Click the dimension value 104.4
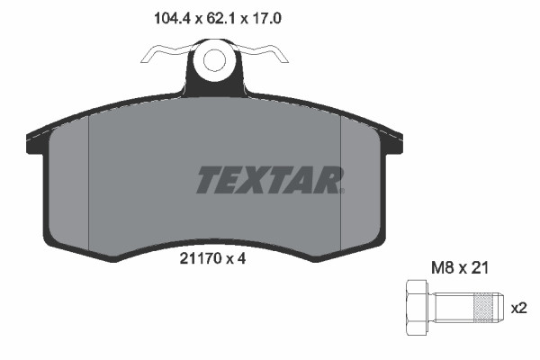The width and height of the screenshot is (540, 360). point(164,15)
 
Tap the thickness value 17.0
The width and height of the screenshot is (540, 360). point(268,15)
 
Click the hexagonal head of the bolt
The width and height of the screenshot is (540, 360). point(418,307)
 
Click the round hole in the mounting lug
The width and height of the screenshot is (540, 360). point(214,60)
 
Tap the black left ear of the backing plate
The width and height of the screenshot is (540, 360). point(37,139)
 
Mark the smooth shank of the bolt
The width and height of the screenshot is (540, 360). point(453,307)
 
